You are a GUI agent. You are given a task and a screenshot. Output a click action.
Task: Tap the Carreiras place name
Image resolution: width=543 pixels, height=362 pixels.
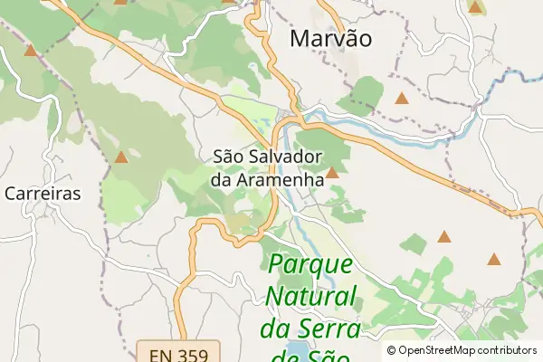tap(43, 194)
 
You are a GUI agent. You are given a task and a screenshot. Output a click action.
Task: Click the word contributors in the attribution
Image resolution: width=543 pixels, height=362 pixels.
tap(508, 350)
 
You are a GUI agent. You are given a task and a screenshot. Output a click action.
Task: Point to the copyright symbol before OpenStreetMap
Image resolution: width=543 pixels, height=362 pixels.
tap(391, 350)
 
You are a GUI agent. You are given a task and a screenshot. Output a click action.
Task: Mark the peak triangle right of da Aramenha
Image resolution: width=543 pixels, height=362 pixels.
tap(332, 172)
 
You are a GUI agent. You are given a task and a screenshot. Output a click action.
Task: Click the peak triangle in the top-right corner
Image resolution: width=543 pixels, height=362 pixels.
tap(476, 7)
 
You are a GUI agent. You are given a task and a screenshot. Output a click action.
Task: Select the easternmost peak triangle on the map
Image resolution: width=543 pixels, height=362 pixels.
tap(494, 259)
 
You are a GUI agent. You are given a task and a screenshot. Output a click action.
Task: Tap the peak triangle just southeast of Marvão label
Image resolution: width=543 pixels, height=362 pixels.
tap(401, 97)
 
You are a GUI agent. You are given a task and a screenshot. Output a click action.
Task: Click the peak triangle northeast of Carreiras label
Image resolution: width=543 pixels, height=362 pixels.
tap(120, 157)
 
